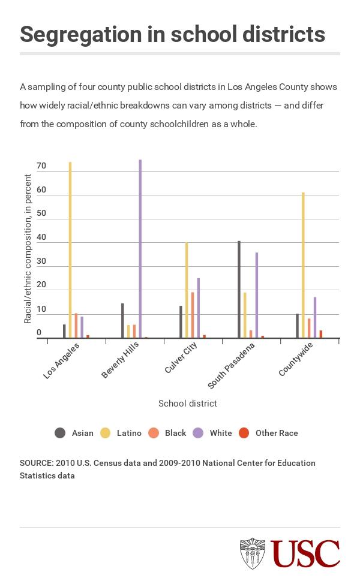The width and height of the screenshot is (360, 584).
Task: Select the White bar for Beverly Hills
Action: tap(140, 248)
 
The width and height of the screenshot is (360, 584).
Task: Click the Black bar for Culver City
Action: tap(193, 315)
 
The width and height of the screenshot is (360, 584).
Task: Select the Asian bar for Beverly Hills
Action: tap(122, 320)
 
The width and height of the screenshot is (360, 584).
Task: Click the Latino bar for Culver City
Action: tap(187, 290)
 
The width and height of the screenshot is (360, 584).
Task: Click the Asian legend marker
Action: tap(60, 433)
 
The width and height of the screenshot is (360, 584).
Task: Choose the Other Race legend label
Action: tap(277, 433)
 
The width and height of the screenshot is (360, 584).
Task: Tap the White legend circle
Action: tap(199, 433)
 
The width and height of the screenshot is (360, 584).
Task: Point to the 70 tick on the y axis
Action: tap(41, 166)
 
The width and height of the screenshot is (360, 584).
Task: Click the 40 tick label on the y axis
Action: tap(41, 237)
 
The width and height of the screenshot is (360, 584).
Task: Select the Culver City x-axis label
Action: tap(181, 358)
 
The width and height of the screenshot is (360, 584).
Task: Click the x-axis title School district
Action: tap(187, 404)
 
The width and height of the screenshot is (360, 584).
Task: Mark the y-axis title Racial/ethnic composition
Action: tap(28, 249)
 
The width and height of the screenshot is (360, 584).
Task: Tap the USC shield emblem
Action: tap(253, 553)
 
